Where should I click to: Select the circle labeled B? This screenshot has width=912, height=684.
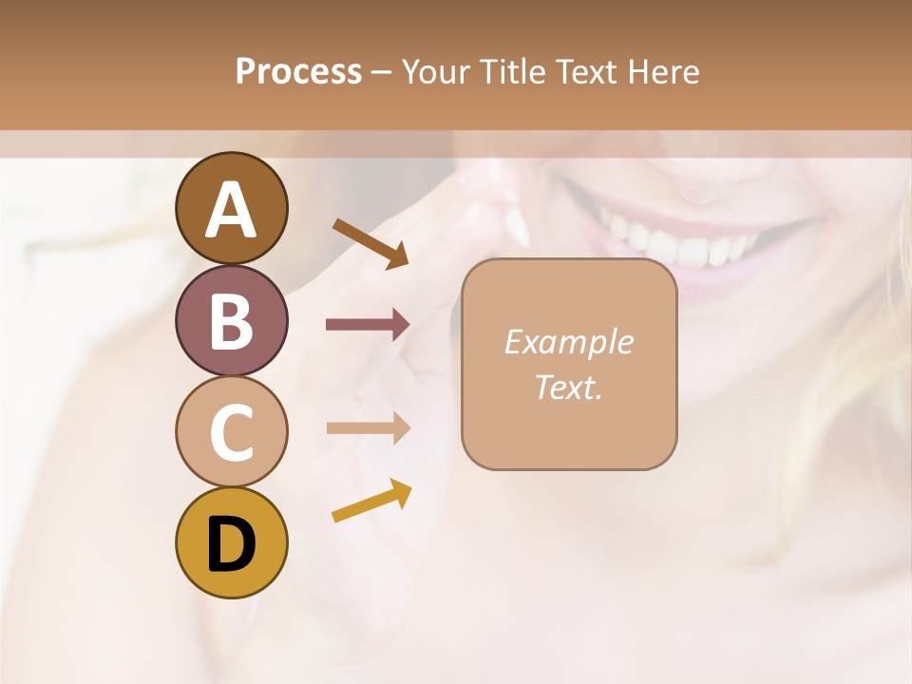[x=231, y=321]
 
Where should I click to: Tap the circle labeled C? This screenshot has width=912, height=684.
[x=231, y=432]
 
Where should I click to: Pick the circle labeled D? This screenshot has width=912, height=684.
[x=231, y=543]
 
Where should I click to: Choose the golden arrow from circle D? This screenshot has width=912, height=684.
[x=371, y=501]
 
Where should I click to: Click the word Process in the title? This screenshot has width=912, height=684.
[x=298, y=72]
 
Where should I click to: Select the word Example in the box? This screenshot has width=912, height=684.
[x=568, y=342]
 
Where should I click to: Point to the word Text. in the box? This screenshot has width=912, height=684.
[x=568, y=387]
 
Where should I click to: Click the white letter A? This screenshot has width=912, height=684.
[x=231, y=210]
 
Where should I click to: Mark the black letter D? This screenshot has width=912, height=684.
[x=231, y=544]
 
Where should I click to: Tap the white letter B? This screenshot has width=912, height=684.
[x=231, y=321]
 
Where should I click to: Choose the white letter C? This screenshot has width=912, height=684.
[x=231, y=433]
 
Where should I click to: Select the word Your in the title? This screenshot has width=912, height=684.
[x=434, y=72]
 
